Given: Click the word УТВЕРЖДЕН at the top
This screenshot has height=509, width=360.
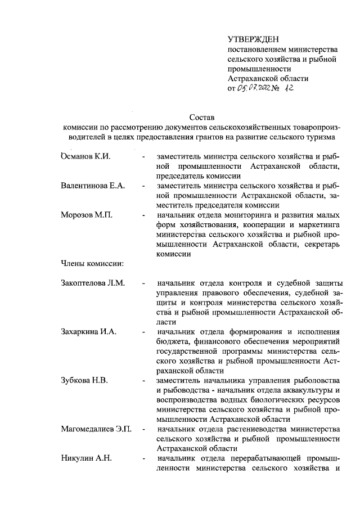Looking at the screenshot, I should [250, 38].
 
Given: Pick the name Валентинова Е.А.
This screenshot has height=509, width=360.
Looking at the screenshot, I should [93, 185].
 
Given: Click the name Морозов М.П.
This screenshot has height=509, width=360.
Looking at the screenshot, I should [85, 214].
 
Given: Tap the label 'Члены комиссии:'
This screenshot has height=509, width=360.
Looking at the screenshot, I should [92, 263].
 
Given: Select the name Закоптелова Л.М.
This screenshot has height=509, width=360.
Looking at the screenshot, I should [92, 282].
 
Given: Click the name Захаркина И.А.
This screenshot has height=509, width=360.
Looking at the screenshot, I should [88, 331].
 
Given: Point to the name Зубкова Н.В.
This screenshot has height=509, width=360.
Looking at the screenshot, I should [84, 380].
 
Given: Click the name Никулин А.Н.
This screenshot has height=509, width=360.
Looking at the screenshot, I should [86, 458].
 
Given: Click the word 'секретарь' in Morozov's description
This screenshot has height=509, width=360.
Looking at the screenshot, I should [321, 244].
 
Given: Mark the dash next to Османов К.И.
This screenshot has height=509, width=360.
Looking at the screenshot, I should [145, 156].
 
